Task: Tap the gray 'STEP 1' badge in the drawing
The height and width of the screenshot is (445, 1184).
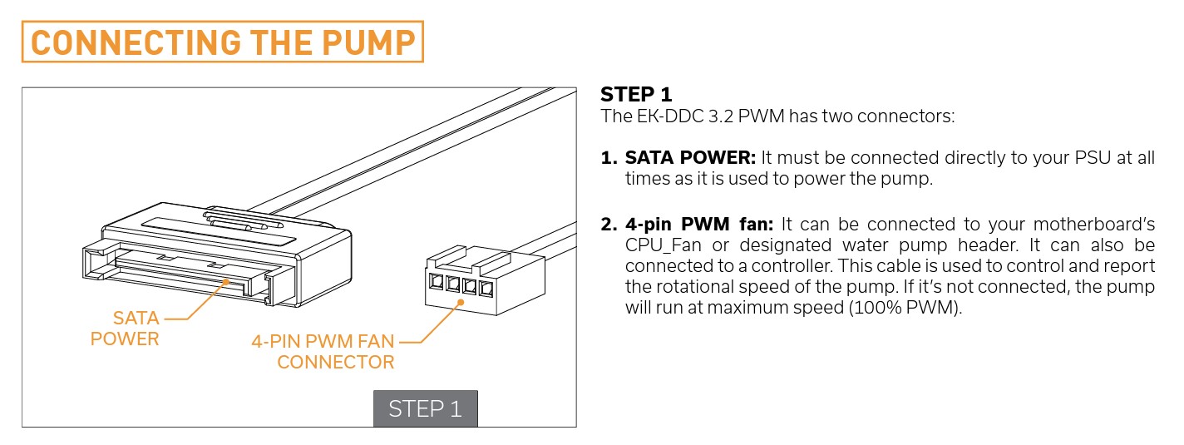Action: coord(425,409)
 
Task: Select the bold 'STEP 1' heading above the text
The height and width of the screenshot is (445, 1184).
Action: coord(636,94)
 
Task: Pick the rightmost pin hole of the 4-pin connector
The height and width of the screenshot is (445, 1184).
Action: coord(486,289)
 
